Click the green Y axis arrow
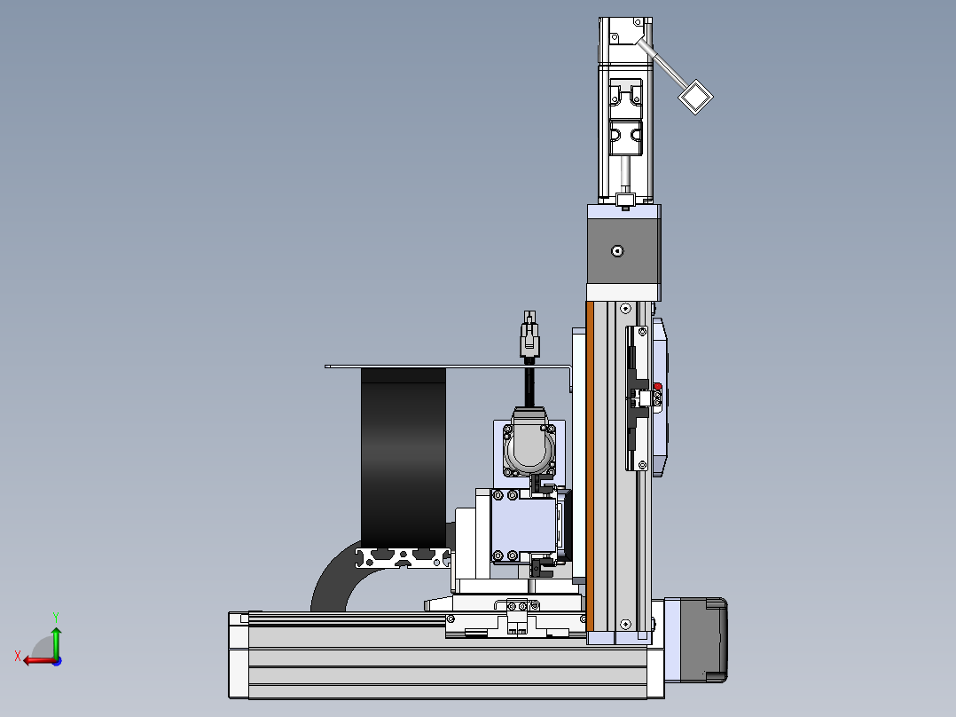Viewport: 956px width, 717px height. click(56, 642)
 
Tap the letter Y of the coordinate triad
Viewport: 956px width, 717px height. click(56, 617)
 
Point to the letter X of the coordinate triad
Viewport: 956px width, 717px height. click(18, 656)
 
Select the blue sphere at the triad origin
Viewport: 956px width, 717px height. click(57, 661)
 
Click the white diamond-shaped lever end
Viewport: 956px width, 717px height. click(695, 97)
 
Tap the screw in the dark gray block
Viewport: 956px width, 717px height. click(617, 251)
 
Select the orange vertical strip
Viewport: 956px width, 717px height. click(590, 467)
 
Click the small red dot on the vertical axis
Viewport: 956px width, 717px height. click(658, 386)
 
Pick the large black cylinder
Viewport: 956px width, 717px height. click(404, 458)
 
